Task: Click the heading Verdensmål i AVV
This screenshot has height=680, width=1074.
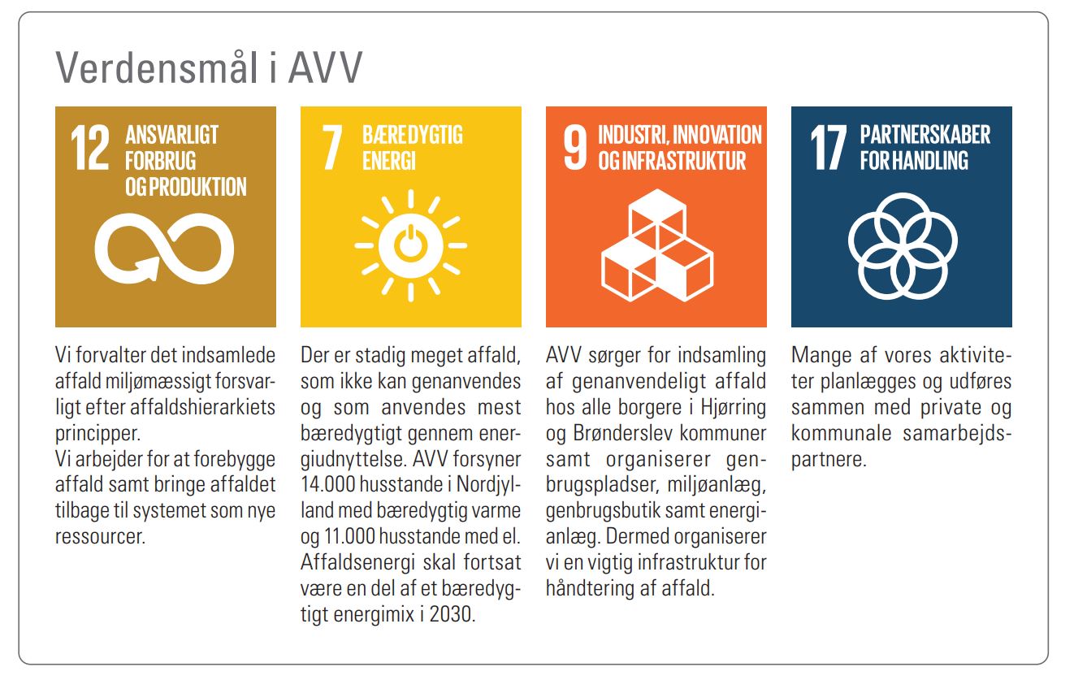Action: click(x=209, y=67)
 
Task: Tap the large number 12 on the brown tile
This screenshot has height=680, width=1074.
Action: click(x=90, y=147)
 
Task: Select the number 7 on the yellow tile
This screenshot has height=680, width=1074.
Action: click(x=332, y=147)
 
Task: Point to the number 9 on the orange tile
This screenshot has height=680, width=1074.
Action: click(x=575, y=147)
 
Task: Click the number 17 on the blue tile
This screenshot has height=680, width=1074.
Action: click(x=829, y=147)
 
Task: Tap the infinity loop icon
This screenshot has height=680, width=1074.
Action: click(x=164, y=249)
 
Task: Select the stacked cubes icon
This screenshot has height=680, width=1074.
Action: click(x=657, y=245)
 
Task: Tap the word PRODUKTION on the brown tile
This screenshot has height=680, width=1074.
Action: click(x=197, y=187)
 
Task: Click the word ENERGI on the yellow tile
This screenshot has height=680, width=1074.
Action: click(x=389, y=161)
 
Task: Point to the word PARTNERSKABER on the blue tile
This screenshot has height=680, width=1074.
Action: click(x=925, y=134)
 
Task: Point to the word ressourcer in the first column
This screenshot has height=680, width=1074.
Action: click(x=100, y=537)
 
